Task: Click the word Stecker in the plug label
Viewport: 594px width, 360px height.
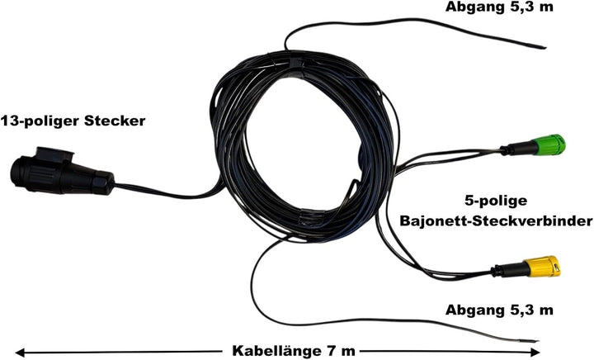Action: pos(115,121)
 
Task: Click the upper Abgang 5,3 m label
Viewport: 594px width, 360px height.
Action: pos(499,7)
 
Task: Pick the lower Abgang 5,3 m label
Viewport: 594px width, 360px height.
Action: pos(499,310)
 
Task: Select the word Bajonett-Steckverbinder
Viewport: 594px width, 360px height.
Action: pos(497,220)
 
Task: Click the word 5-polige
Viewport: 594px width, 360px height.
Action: pos(496,201)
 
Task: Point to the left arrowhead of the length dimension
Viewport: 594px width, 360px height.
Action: pos(20,352)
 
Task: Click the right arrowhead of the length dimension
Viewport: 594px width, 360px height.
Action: pos(535,352)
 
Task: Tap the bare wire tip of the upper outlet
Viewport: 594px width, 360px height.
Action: pos(543,47)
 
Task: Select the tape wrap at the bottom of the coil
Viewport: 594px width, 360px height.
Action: pos(312,217)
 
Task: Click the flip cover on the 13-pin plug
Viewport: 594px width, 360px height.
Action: pos(54,154)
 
